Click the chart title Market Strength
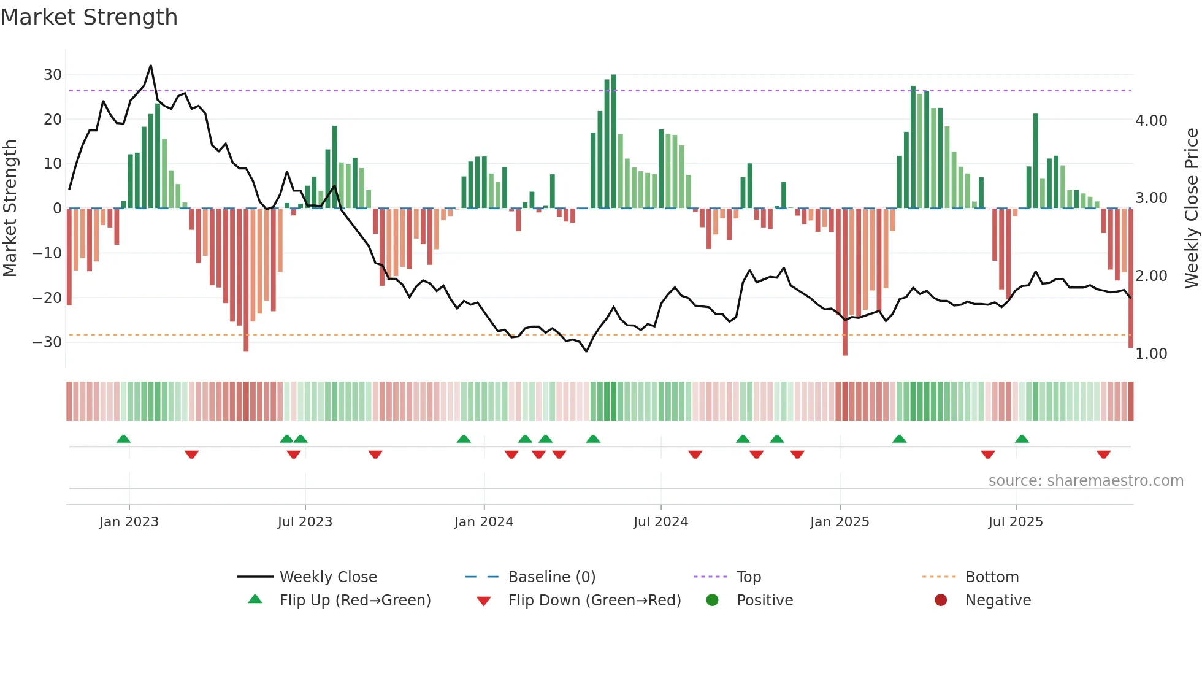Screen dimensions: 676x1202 [89, 17]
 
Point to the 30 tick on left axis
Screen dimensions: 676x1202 [53, 75]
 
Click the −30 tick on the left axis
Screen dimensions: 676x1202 [48, 342]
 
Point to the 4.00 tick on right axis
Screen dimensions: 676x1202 [1151, 121]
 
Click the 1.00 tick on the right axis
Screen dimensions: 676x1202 [1151, 354]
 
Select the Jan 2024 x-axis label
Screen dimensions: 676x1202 [484, 522]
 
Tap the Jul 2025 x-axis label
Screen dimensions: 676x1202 [1016, 522]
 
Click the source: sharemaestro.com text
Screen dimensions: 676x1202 [1085, 481]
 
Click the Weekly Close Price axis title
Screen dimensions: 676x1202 [1191, 209]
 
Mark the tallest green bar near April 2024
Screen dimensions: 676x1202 [613, 141]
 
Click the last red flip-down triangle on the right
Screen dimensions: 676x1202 [1103, 455]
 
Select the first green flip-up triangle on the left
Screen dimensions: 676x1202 [123, 439]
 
